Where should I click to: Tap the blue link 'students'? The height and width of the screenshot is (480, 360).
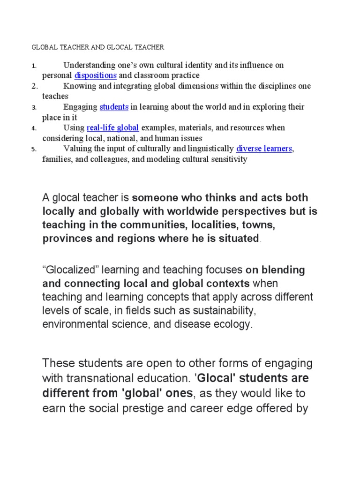pos(114,107)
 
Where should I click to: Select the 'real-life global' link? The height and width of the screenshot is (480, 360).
pos(113,128)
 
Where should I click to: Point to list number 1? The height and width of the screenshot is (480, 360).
pos(34,66)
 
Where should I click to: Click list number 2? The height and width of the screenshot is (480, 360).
pos(34,87)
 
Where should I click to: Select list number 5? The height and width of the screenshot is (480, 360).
pos(34,150)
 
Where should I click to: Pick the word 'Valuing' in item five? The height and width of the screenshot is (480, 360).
pos(76,149)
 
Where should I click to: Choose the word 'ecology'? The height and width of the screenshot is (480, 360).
pos(234,324)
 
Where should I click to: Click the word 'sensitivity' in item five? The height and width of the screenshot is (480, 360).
pos(229,159)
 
